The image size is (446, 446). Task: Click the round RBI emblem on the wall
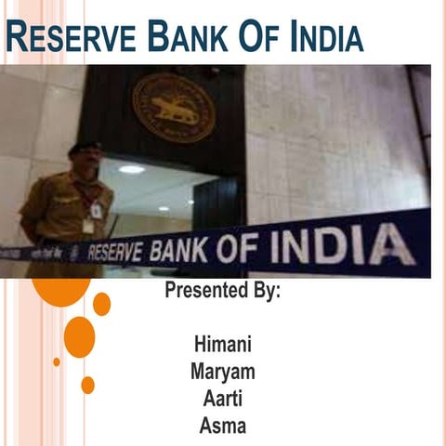click(173, 107)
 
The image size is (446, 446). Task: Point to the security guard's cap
click(85, 149)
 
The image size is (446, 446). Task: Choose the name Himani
click(223, 344)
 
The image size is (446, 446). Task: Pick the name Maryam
click(223, 372)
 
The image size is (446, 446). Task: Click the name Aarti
click(223, 400)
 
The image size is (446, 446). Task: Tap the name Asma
click(223, 426)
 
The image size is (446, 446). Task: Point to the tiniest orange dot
click(56, 361)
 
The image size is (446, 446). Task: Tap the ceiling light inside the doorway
click(131, 169)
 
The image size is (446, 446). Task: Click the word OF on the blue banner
click(254, 247)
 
